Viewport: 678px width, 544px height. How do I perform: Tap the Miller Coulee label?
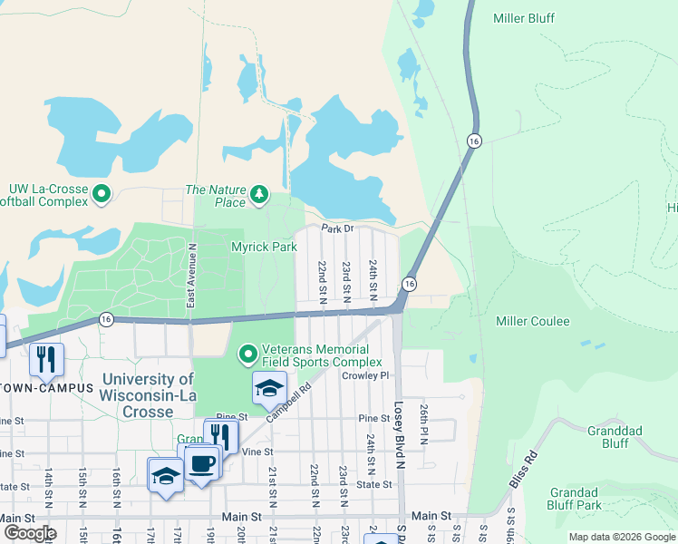533,322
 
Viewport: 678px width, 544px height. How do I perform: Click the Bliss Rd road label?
524,471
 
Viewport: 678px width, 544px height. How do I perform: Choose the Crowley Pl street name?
365,375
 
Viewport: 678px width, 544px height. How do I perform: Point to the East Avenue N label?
191,274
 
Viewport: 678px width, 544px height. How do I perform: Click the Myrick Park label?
264,247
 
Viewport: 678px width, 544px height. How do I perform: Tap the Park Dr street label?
335,229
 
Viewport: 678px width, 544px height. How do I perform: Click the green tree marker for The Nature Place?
260,193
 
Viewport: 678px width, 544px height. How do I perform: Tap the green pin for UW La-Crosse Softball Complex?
102,193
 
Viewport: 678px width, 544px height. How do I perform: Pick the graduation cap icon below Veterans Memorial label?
269,389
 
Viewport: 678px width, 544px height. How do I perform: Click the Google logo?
30,533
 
